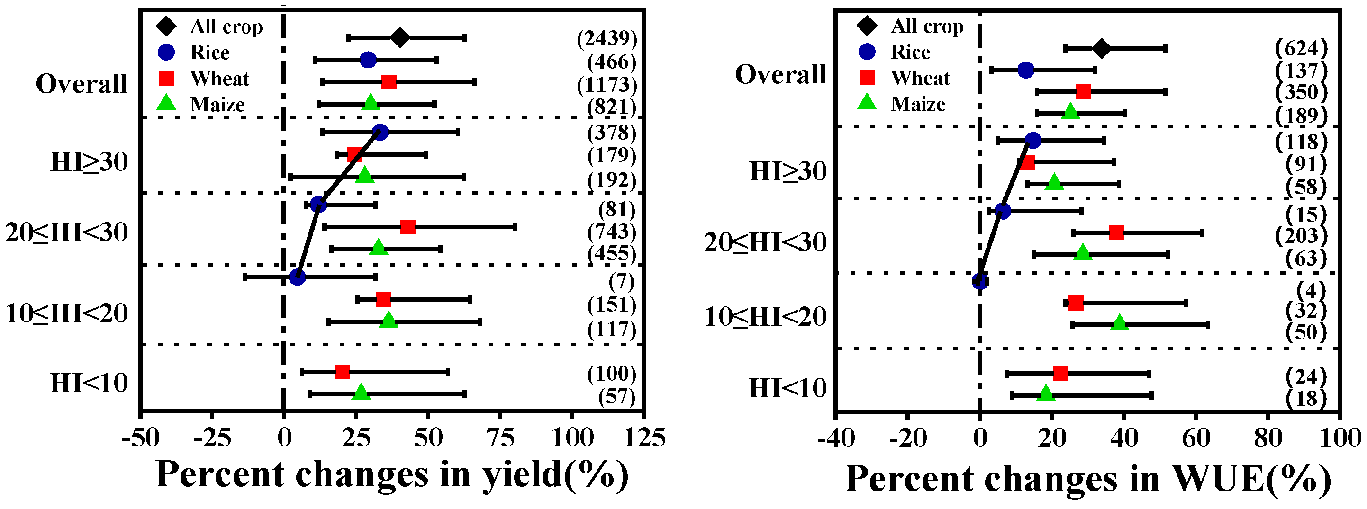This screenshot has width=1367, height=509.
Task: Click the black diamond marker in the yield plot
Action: [400, 38]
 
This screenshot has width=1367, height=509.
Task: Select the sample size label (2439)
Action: [607, 38]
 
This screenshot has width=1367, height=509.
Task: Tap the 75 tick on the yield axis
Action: [500, 438]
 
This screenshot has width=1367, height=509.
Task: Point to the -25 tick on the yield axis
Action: [212, 438]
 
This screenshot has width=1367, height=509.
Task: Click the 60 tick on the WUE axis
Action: [1196, 438]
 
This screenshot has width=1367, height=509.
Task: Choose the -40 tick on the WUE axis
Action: [836, 438]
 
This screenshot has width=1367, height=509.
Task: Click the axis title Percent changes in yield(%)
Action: [392, 474]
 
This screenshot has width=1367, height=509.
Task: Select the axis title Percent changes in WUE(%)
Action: [1088, 479]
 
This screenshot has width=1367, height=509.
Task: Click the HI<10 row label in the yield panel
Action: [89, 383]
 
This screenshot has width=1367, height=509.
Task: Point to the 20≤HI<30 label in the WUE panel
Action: [765, 243]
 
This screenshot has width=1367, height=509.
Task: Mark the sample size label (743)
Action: [611, 232]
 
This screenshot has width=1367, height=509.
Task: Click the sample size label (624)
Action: [1301, 48]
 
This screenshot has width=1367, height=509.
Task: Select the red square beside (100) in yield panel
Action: [342, 372]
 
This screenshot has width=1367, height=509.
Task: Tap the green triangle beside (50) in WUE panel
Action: [1120, 323]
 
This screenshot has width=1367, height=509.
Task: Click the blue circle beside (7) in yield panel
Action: [297, 277]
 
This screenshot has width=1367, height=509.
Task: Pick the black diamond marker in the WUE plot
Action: [1102, 48]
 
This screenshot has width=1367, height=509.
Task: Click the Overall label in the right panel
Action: [780, 74]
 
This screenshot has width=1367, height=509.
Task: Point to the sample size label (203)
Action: [1301, 235]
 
